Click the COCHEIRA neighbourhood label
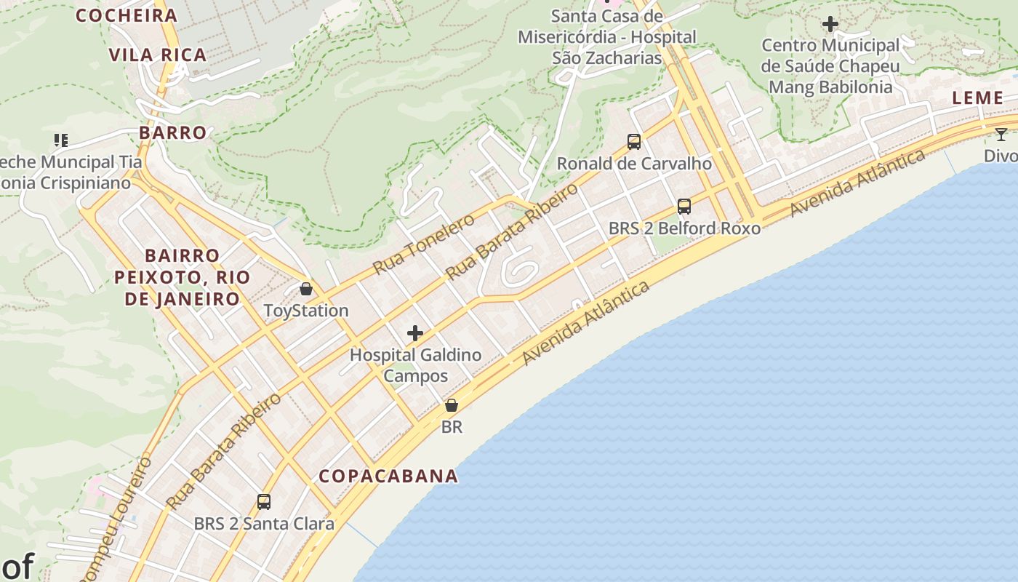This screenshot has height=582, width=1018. click(x=127, y=15)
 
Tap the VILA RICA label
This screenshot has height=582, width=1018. click(x=158, y=55)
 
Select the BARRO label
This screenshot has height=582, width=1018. click(x=173, y=132)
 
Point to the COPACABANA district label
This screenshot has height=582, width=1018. click(x=389, y=476)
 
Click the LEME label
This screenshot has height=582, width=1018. click(x=978, y=97)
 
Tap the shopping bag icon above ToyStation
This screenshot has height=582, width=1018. click(x=306, y=289)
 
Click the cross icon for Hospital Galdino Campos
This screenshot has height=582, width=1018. click(x=415, y=333)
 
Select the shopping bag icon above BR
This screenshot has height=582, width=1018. click(x=452, y=405)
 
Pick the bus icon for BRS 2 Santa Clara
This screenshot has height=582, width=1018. click(x=264, y=501)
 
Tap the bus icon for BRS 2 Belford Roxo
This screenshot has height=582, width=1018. click(x=684, y=206)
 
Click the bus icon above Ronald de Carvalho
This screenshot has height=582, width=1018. click(x=634, y=142)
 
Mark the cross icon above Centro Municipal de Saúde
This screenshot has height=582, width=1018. click(x=830, y=24)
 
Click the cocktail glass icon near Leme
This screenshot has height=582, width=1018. click(x=1001, y=134)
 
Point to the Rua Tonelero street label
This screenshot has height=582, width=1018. click(x=423, y=244)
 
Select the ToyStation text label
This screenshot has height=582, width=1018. click(x=306, y=311)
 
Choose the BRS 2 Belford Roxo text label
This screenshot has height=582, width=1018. click(x=684, y=228)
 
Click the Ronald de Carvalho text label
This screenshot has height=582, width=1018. click(x=634, y=164)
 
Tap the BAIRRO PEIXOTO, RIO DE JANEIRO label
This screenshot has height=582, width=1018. click(x=182, y=277)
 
